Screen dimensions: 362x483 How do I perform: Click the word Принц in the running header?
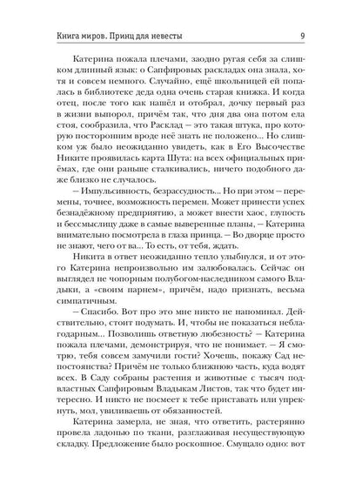coord(143,11)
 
